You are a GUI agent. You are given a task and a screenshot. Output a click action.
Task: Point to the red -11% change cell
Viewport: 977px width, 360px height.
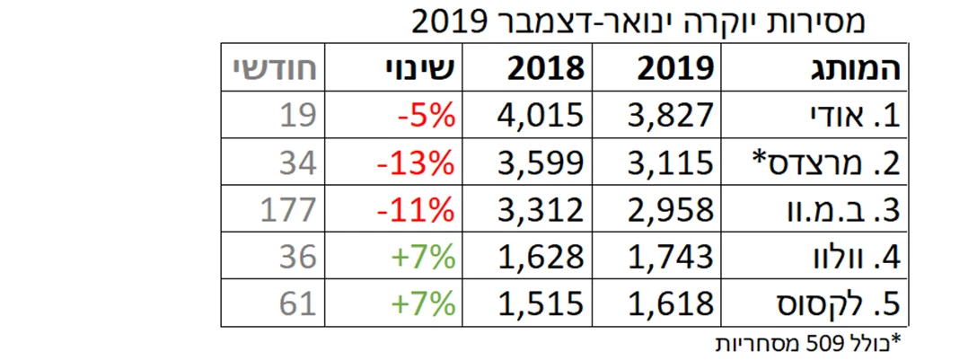point(415,210)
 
